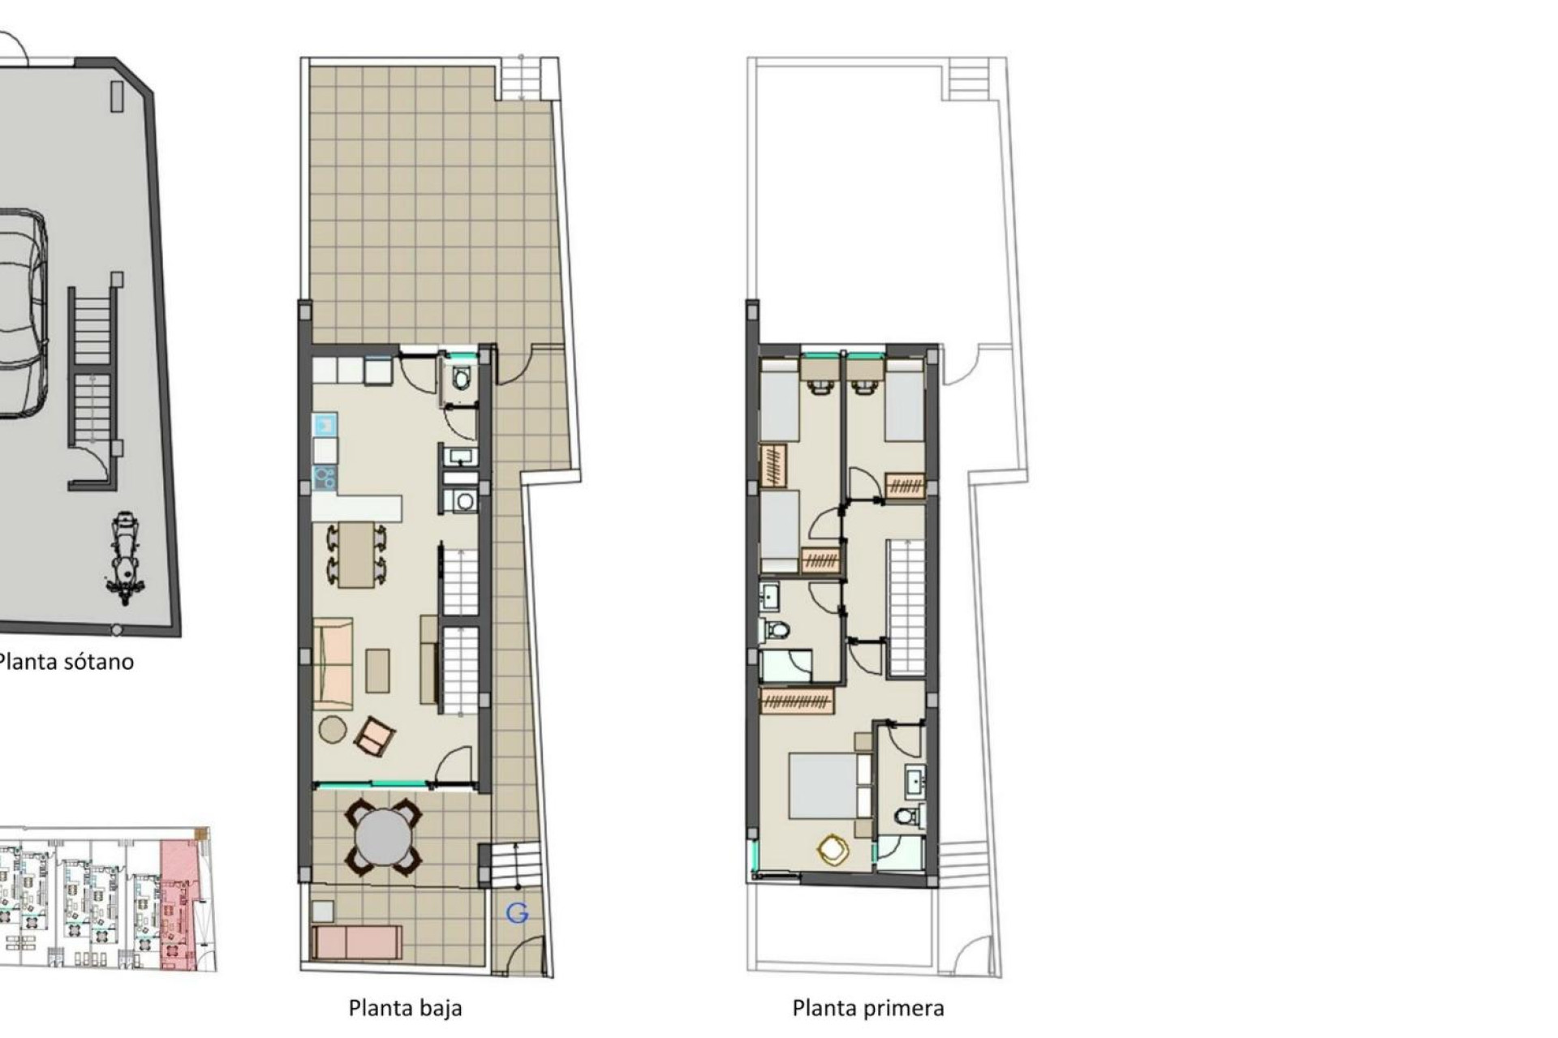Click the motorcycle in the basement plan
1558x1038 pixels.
click(x=124, y=558)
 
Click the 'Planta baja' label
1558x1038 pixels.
click(x=405, y=1008)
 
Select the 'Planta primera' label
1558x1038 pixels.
click(x=867, y=1008)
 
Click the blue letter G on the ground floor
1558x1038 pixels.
click(x=517, y=913)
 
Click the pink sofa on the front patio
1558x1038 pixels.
click(x=357, y=941)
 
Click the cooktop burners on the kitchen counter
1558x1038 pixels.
click(x=325, y=478)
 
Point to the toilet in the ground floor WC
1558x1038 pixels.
click(x=462, y=378)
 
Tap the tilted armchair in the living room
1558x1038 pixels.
click(x=374, y=735)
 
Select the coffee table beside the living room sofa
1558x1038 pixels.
click(x=377, y=671)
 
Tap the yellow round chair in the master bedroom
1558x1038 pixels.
click(x=833, y=850)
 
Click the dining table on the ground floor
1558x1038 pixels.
click(x=356, y=555)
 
